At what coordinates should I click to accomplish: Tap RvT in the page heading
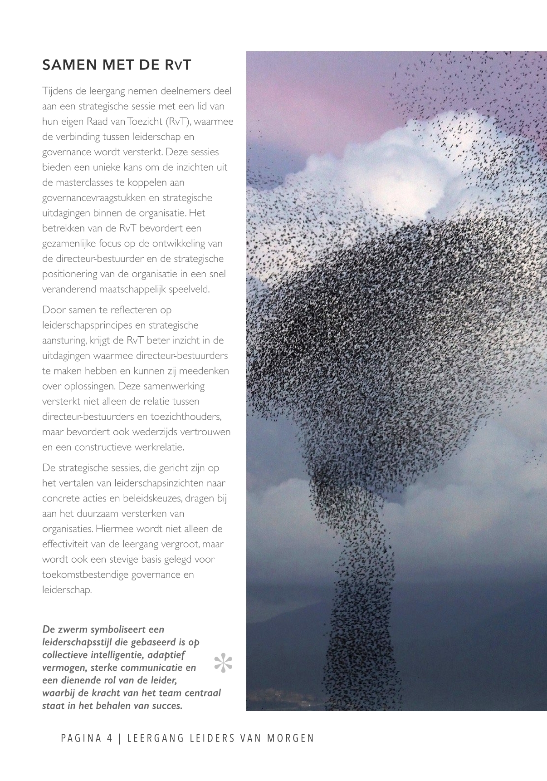(177, 65)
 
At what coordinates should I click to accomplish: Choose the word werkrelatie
(161, 447)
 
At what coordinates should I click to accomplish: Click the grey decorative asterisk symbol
(223, 663)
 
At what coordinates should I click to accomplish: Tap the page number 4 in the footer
(109, 738)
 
